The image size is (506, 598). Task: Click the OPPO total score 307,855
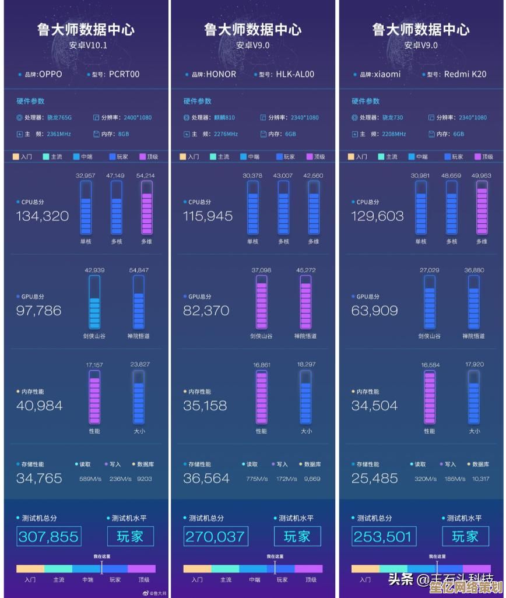[48, 536]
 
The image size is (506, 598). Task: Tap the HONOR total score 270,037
[216, 536]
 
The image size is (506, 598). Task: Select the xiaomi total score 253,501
[382, 536]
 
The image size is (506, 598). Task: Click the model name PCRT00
[124, 74]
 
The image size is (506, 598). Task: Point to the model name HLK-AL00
[295, 74]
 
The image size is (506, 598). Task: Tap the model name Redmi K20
[465, 74]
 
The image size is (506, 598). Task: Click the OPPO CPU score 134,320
[43, 216]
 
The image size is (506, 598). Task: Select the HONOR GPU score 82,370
[206, 311]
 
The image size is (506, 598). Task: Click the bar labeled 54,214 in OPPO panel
[147, 206]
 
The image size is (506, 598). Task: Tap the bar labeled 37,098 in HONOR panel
[262, 301]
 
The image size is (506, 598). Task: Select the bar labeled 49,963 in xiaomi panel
[482, 206]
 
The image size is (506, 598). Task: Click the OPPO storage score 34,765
[39, 479]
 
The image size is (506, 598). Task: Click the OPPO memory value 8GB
[124, 134]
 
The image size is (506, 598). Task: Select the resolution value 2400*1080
[138, 118]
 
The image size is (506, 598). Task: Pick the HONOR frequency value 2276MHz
[226, 134]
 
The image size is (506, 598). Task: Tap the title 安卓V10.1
[88, 45]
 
